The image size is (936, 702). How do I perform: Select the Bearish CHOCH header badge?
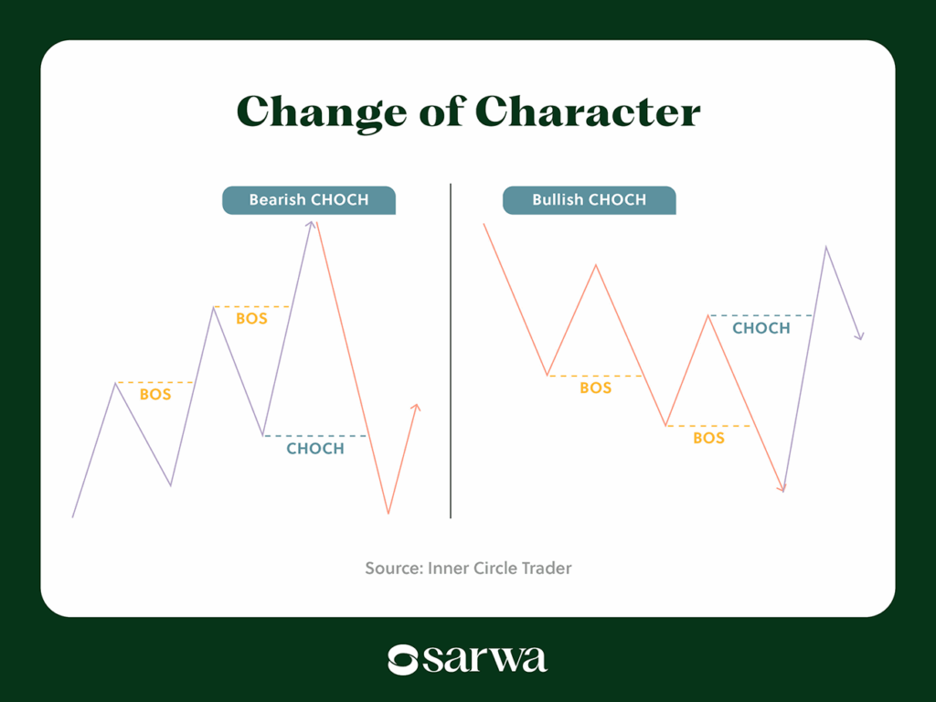309,200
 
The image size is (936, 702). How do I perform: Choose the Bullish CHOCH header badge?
589,200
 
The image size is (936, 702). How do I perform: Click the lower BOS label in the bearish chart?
155,395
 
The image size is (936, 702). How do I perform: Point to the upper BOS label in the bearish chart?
251,319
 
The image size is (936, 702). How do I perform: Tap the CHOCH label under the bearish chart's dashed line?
315,449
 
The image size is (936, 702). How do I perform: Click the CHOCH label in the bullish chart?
760,328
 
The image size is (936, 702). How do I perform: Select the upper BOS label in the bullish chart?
596,388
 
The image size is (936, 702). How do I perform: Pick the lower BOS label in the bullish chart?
708,439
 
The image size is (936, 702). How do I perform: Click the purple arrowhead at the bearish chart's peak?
311,225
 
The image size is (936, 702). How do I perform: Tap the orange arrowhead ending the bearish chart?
416,409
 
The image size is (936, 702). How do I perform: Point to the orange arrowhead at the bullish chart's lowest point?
782,488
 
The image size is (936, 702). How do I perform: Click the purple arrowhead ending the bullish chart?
858,336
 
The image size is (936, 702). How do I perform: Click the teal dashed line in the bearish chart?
315,436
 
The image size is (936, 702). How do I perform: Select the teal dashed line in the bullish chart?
760,315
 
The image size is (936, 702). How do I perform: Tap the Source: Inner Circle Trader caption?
468,569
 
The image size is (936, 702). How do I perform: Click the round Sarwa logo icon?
403,659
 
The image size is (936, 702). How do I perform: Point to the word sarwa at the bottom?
485,659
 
